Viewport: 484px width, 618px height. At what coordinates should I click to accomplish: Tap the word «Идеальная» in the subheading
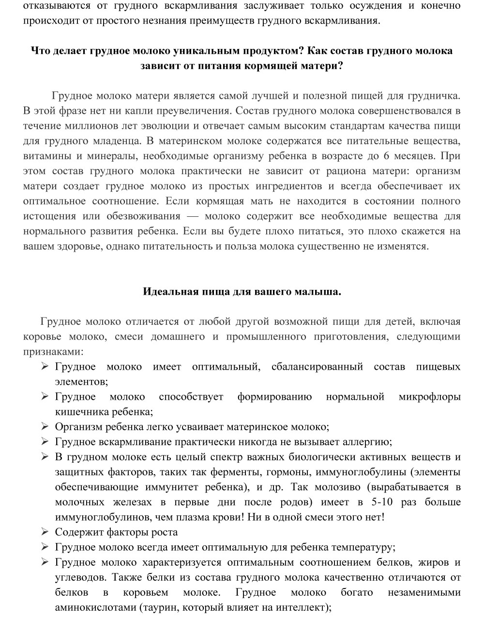point(167,291)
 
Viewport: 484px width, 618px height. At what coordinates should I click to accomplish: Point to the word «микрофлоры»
point(429,397)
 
